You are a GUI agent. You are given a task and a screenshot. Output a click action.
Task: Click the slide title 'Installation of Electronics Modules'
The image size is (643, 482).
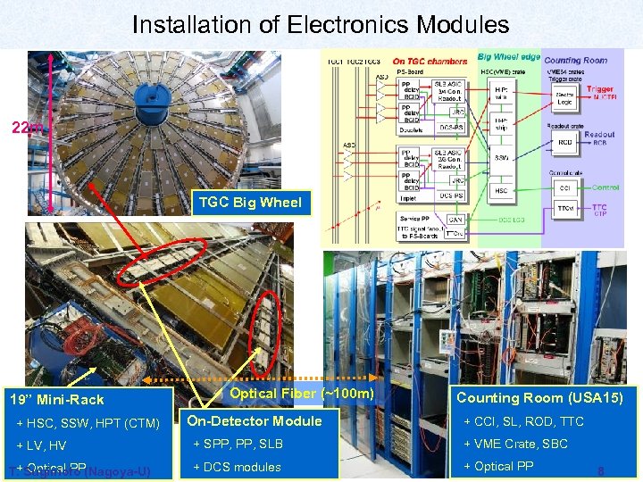321,25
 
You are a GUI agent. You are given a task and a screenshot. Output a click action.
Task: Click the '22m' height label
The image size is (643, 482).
26,128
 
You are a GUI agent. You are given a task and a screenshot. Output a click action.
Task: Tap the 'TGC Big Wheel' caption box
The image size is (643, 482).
249,202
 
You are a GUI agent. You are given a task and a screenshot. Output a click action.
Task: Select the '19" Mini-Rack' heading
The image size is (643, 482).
56,400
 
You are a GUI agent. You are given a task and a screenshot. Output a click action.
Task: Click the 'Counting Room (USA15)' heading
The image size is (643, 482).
546,398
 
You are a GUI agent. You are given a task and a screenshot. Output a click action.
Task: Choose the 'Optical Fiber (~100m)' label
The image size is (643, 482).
301,394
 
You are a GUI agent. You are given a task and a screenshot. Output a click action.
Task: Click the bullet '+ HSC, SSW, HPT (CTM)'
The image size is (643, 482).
88,423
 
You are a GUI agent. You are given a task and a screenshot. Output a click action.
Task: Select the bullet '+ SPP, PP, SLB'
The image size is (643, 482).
238,445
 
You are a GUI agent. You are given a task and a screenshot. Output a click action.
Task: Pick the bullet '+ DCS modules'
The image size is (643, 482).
237,467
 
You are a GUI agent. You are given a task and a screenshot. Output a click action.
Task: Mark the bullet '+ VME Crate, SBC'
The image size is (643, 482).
517,445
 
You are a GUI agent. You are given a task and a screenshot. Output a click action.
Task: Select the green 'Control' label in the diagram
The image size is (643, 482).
605,187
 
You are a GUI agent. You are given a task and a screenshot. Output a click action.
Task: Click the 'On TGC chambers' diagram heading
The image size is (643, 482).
436,61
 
